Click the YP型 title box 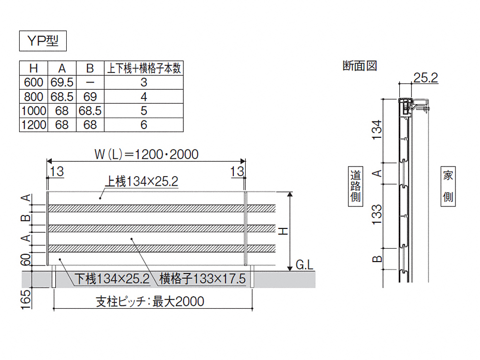pyautogui.click(x=43, y=41)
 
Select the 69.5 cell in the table pyautogui.click(x=62, y=83)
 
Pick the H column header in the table pyautogui.click(x=34, y=68)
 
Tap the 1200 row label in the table pyautogui.click(x=34, y=125)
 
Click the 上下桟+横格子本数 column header pyautogui.click(x=144, y=68)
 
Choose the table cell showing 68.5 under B pyautogui.click(x=90, y=111)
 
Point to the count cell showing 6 pyautogui.click(x=144, y=125)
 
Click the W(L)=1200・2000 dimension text pyautogui.click(x=146, y=154)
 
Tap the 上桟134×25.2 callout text pyautogui.click(x=142, y=181)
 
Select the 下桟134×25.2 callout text pyautogui.click(x=112, y=279)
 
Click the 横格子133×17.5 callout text pyautogui.click(x=203, y=279)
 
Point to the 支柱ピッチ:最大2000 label pyautogui.click(x=150, y=302)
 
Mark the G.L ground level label pyautogui.click(x=305, y=265)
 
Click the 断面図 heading pyautogui.click(x=360, y=66)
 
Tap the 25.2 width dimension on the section pyautogui.click(x=425, y=78)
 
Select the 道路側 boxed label pyautogui.click(x=356, y=186)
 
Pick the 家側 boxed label pyautogui.click(x=448, y=186)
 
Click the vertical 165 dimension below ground pyautogui.click(x=26, y=300)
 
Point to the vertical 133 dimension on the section pyautogui.click(x=377, y=215)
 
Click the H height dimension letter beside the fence pyautogui.click(x=284, y=231)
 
